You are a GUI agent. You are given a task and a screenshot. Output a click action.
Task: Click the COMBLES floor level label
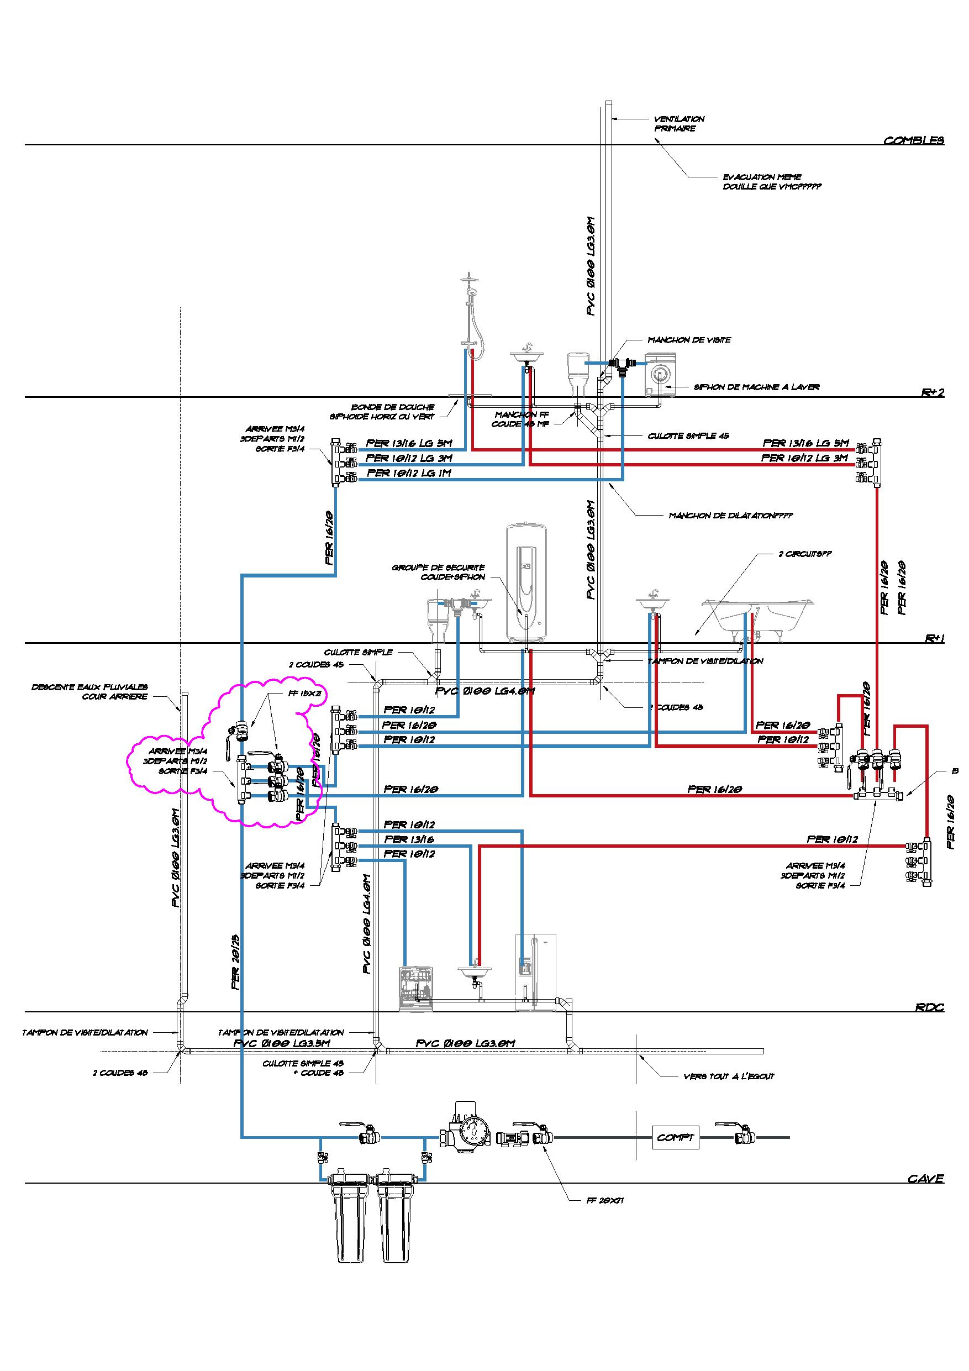[913, 141]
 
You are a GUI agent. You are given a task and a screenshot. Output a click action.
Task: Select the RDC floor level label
[930, 1007]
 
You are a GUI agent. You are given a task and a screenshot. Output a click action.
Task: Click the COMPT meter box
[675, 1137]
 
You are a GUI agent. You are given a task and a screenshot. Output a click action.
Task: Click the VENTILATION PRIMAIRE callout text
[679, 124]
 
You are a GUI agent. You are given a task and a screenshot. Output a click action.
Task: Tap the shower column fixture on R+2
[472, 317]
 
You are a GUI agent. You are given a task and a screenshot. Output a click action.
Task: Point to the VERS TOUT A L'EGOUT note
[728, 1076]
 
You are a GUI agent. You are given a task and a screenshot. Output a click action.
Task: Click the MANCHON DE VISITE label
[689, 340]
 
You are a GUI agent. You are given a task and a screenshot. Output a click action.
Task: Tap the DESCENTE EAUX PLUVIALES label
[89, 692]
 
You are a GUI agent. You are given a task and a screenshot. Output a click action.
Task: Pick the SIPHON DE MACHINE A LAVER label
[756, 387]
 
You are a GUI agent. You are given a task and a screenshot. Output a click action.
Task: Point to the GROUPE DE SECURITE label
[438, 572]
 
